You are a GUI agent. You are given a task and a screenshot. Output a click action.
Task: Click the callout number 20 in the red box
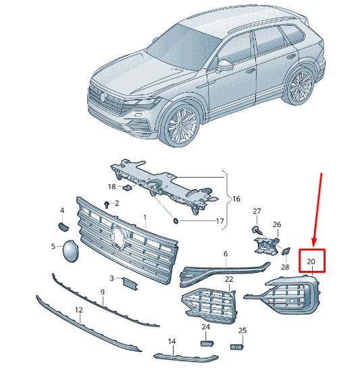point(311,261)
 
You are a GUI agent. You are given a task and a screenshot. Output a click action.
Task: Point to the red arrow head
point(314,242)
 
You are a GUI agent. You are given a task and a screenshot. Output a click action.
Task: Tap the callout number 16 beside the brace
point(236,199)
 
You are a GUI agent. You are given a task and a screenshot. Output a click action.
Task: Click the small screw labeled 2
point(107,205)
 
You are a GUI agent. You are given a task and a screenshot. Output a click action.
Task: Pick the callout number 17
point(220,221)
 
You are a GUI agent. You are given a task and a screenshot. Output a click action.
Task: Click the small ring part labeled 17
point(176,220)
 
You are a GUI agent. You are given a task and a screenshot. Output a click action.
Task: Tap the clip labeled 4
point(63,227)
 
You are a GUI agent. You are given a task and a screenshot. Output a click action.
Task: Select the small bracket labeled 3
point(130,283)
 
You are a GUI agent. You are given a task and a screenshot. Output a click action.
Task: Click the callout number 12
point(79,310)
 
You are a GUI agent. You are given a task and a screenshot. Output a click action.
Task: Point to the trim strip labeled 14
point(186,358)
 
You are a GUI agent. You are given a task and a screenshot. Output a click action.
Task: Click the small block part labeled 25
point(236,347)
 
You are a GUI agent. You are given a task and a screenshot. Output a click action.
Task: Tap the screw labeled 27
point(257,230)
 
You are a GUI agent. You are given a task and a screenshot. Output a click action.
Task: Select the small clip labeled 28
point(286,251)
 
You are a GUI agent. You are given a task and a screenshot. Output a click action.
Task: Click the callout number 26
point(277,224)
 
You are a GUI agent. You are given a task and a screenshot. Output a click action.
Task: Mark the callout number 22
point(229,279)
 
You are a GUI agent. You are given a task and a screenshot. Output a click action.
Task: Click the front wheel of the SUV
point(181,124)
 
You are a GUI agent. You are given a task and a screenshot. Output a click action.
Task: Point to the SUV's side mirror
point(225,66)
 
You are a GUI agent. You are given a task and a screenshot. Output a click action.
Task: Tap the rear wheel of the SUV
point(301,86)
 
